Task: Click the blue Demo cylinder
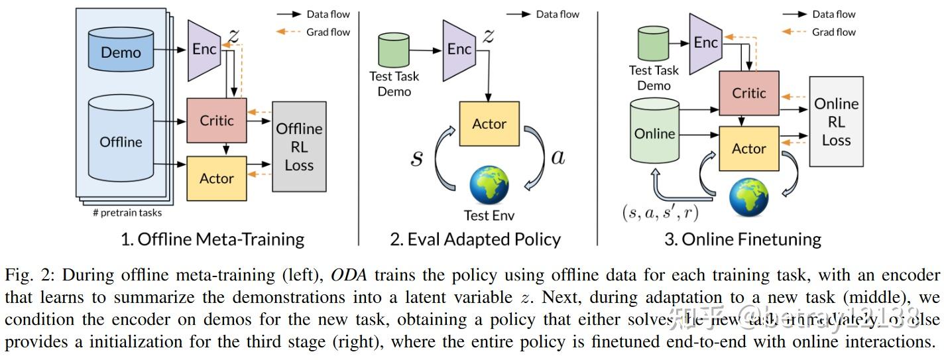pyautogui.click(x=121, y=50)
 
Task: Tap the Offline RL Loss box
pyautogui.click(x=299, y=147)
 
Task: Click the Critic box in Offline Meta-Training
pyautogui.click(x=217, y=120)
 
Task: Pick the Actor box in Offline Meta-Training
pyautogui.click(x=217, y=178)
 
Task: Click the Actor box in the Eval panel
pyautogui.click(x=489, y=124)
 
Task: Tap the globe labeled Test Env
pyautogui.click(x=489, y=185)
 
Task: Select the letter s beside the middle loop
pyautogui.click(x=416, y=158)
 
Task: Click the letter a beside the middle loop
pyautogui.click(x=558, y=157)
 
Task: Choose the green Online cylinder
pyautogui.click(x=654, y=133)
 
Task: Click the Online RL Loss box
pyautogui.click(x=836, y=121)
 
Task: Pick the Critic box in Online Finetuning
pyautogui.click(x=748, y=93)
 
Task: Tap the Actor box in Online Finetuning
pyautogui.click(x=748, y=149)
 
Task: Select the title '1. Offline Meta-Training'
pyautogui.click(x=212, y=239)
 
